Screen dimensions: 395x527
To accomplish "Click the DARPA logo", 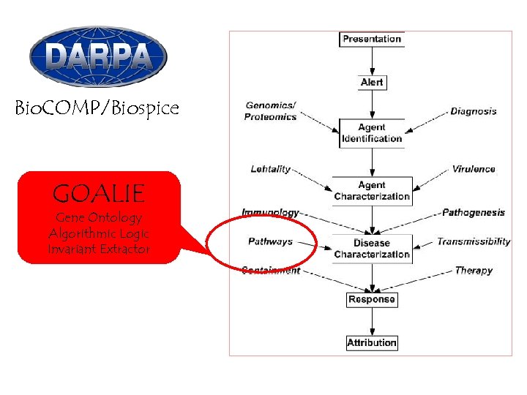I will (x=98, y=56).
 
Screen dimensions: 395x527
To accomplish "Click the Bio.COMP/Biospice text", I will (x=97, y=109).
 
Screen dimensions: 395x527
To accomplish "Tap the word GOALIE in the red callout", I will (x=98, y=194).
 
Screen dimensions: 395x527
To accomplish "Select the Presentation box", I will (x=372, y=39).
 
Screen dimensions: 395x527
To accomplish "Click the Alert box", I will (x=372, y=83).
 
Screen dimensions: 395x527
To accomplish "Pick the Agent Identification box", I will (x=372, y=133).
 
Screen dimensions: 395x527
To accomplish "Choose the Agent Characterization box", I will (x=372, y=191).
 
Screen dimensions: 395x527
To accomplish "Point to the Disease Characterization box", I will (x=372, y=249).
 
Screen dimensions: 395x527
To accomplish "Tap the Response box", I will (x=372, y=299).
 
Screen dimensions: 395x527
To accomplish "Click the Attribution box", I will (x=372, y=342).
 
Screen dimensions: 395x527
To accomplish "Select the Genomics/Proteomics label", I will (x=271, y=111).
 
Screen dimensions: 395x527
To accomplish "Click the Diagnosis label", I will (x=473, y=112).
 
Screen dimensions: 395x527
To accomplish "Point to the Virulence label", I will (x=473, y=169).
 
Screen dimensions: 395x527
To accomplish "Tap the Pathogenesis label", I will (x=473, y=213).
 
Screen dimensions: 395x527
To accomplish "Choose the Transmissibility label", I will (x=474, y=241).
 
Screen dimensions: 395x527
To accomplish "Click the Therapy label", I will (x=474, y=271).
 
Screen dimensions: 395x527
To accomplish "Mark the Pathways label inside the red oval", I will (x=270, y=241).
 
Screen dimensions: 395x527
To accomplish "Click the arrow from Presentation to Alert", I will (x=372, y=61).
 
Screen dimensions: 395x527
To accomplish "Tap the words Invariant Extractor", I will (x=98, y=249).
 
